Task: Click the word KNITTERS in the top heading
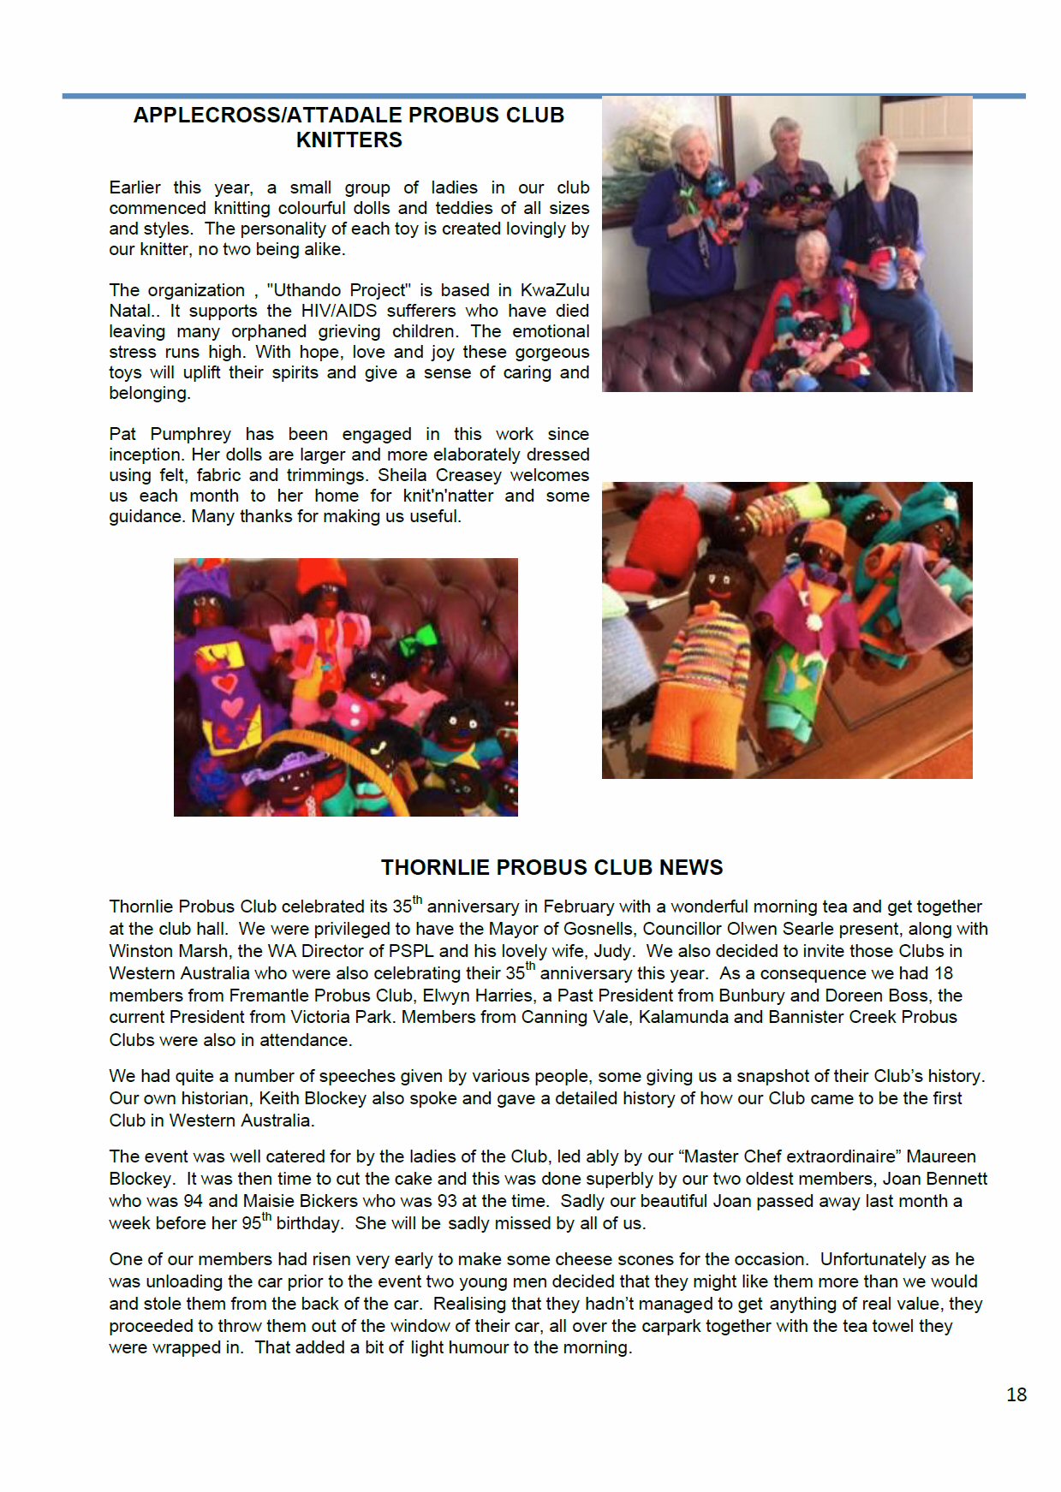point(349,140)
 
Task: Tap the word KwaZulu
point(555,290)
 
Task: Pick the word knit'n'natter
point(448,496)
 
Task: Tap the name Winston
point(139,951)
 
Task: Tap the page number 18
point(1016,1394)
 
